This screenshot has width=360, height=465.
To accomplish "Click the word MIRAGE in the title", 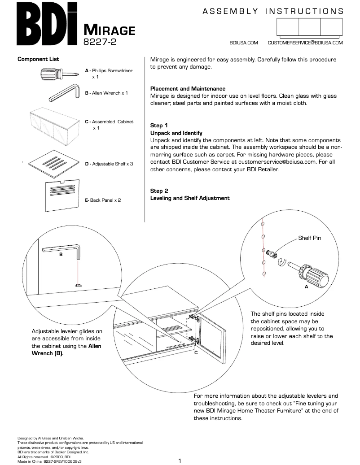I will point(110,30).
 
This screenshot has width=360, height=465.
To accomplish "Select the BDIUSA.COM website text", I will point(243,43).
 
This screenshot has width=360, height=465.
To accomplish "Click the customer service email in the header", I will point(305,43).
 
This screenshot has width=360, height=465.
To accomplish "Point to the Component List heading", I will point(38,59).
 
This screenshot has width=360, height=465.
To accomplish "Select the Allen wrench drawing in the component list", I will point(63,95).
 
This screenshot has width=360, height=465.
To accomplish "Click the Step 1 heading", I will point(159,126).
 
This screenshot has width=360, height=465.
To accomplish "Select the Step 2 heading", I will point(159,191).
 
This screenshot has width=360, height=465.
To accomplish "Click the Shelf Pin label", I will point(309,238).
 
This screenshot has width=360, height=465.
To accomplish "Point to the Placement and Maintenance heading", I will point(188,89).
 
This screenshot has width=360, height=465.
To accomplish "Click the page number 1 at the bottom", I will point(180,460).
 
